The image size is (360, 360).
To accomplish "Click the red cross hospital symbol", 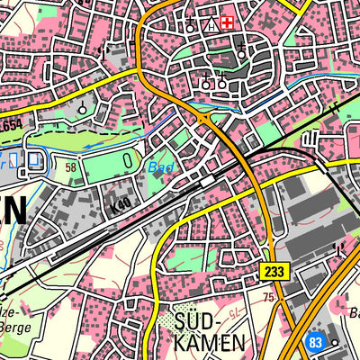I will [228, 21].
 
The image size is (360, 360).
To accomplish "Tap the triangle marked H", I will [211, 24].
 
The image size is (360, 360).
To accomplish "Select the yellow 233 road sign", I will [276, 270].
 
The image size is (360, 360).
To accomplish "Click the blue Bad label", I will [160, 167].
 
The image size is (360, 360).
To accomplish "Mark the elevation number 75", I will [266, 296].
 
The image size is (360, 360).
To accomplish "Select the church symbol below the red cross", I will [241, 56].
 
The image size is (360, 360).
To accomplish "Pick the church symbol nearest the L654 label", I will [83, 108].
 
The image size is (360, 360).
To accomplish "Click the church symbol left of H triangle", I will [191, 24].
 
